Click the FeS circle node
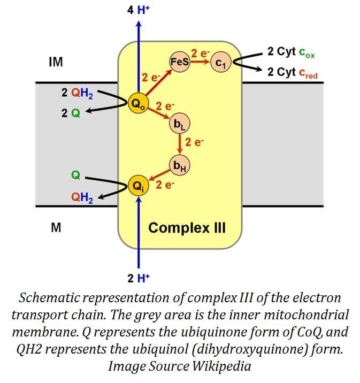[178, 62]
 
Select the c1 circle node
[220, 63]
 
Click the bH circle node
[179, 164]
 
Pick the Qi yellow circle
[139, 186]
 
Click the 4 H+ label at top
[139, 10]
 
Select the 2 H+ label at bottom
[139, 278]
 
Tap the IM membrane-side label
[55, 63]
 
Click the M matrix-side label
[56, 227]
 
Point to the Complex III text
[187, 228]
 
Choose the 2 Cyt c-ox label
[292, 52]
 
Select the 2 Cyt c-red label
[293, 73]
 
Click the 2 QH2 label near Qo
[77, 93]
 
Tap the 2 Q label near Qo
[71, 113]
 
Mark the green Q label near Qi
[75, 175]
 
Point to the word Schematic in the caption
[53, 297]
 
